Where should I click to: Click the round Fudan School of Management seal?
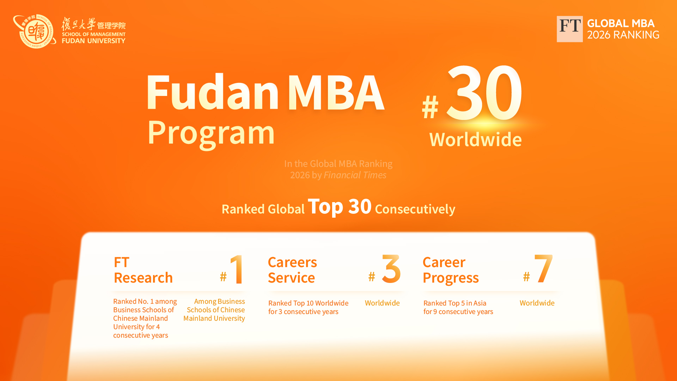35,31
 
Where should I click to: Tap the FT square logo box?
569,29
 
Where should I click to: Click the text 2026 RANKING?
623,35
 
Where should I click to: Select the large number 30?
484,92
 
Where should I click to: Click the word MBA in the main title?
336,92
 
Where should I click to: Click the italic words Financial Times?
355,175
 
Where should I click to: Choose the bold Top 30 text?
340,206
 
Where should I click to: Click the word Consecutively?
415,209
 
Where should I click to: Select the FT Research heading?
143,270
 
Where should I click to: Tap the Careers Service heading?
292,270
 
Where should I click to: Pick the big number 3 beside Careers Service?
391,269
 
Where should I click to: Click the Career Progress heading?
451,270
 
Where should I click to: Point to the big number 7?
543,269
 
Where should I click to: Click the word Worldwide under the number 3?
382,303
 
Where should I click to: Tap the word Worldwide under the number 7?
537,303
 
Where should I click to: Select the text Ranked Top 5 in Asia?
455,303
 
